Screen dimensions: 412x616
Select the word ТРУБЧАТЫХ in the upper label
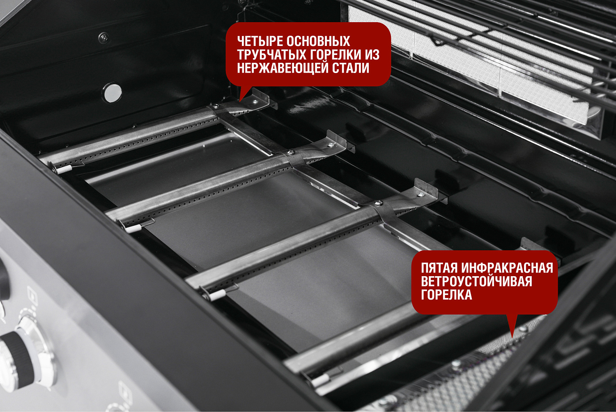pos(272,55)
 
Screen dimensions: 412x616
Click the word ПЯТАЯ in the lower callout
pos(439,268)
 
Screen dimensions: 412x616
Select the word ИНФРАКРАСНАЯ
pos(507,268)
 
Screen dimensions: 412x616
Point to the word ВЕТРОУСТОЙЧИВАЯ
pos(476,282)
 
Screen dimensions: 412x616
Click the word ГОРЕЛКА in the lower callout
pos(446,295)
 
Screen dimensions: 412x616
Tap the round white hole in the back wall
pos(113,93)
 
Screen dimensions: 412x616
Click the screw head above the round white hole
pos(103,38)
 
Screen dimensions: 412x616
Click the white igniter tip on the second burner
pos(134,229)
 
